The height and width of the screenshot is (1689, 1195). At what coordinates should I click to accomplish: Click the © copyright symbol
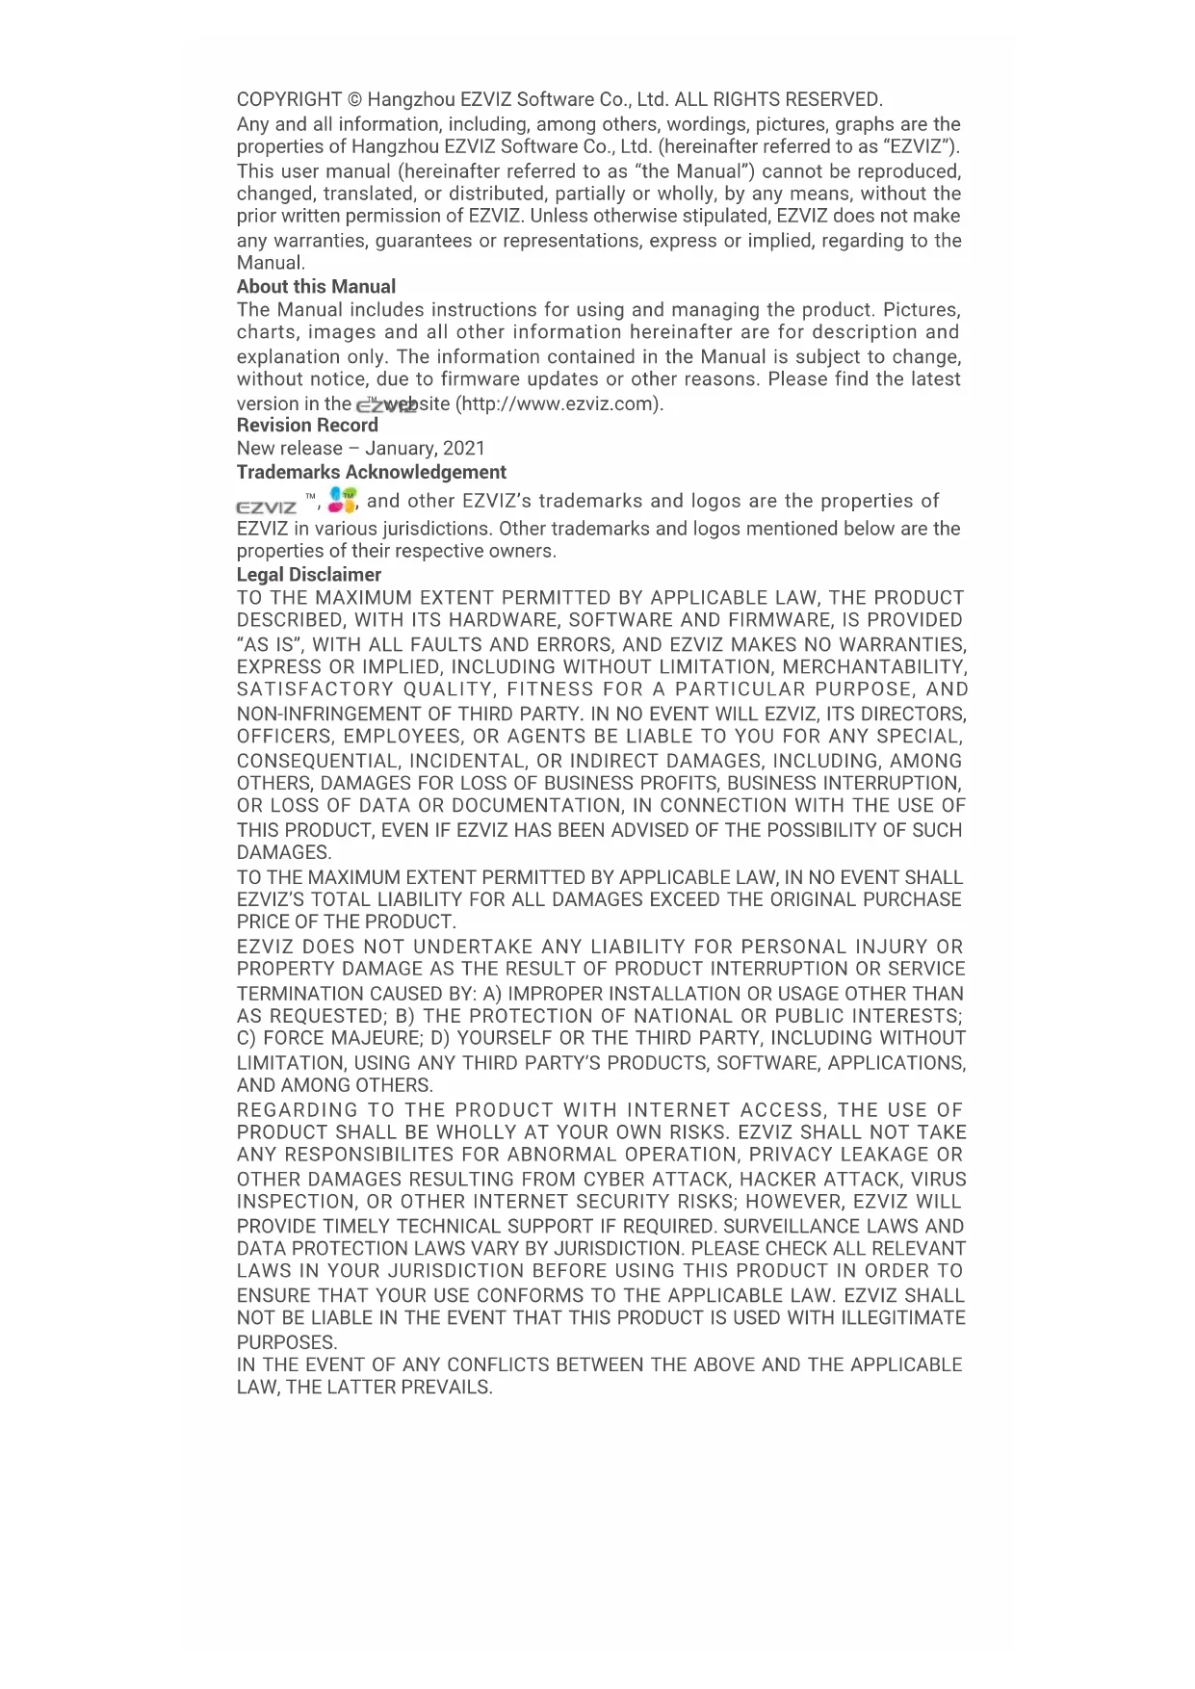354,100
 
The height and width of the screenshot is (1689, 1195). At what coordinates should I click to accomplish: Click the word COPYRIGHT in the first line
289,100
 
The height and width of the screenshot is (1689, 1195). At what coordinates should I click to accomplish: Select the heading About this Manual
316,287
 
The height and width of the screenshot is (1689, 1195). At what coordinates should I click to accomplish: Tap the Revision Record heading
307,426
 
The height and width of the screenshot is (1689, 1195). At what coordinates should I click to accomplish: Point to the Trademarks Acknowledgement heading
371,473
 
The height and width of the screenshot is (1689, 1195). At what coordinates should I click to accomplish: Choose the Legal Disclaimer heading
308,575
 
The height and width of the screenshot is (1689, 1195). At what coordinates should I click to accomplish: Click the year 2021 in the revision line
464,449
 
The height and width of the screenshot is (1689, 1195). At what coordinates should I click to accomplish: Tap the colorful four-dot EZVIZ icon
342,500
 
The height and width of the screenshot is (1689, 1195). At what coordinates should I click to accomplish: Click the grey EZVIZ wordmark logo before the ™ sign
267,507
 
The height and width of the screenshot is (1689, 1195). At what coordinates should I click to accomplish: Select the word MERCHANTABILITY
873,667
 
